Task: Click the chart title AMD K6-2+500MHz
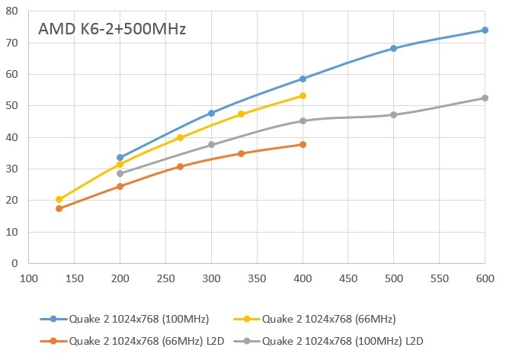pyautogui.click(x=112, y=31)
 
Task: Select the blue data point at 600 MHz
pyautogui.click(x=485, y=30)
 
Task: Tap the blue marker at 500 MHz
pyautogui.click(x=393, y=48)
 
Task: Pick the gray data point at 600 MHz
pyautogui.click(x=485, y=98)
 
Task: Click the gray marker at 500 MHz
pyautogui.click(x=393, y=114)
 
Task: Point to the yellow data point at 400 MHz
pyautogui.click(x=303, y=95)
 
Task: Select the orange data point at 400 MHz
pyautogui.click(x=303, y=144)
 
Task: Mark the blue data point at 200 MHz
pyautogui.click(x=120, y=157)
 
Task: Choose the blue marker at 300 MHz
pyautogui.click(x=211, y=113)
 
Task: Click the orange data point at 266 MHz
pyautogui.click(x=180, y=166)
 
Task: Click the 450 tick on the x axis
pyautogui.click(x=347, y=277)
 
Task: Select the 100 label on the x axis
pyautogui.click(x=28, y=277)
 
